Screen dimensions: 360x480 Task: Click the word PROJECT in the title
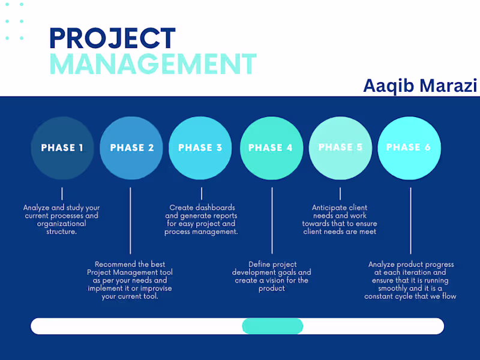(112, 38)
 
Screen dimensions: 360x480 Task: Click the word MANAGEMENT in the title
(152, 64)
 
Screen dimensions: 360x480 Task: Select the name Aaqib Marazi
(419, 86)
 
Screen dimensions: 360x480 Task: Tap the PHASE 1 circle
(62, 148)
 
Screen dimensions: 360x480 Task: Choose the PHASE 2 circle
(131, 148)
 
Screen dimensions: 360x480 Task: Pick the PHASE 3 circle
(200, 148)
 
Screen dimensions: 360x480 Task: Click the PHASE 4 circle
(271, 148)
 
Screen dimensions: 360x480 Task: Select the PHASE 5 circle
(340, 148)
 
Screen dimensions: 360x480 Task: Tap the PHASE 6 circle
(409, 148)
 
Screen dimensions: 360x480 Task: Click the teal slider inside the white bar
(272, 326)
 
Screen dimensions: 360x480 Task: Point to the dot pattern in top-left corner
(14, 21)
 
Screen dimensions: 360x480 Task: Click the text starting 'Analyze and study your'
(62, 220)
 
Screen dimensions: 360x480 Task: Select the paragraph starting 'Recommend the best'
(130, 280)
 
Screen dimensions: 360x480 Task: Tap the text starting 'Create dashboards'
(201, 220)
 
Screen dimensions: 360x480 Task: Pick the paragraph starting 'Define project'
(271, 276)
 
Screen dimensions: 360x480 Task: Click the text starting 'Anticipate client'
(340, 220)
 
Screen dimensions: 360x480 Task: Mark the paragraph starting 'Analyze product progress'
(410, 280)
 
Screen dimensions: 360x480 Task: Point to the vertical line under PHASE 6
(410, 221)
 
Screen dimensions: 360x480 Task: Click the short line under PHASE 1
(62, 193)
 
